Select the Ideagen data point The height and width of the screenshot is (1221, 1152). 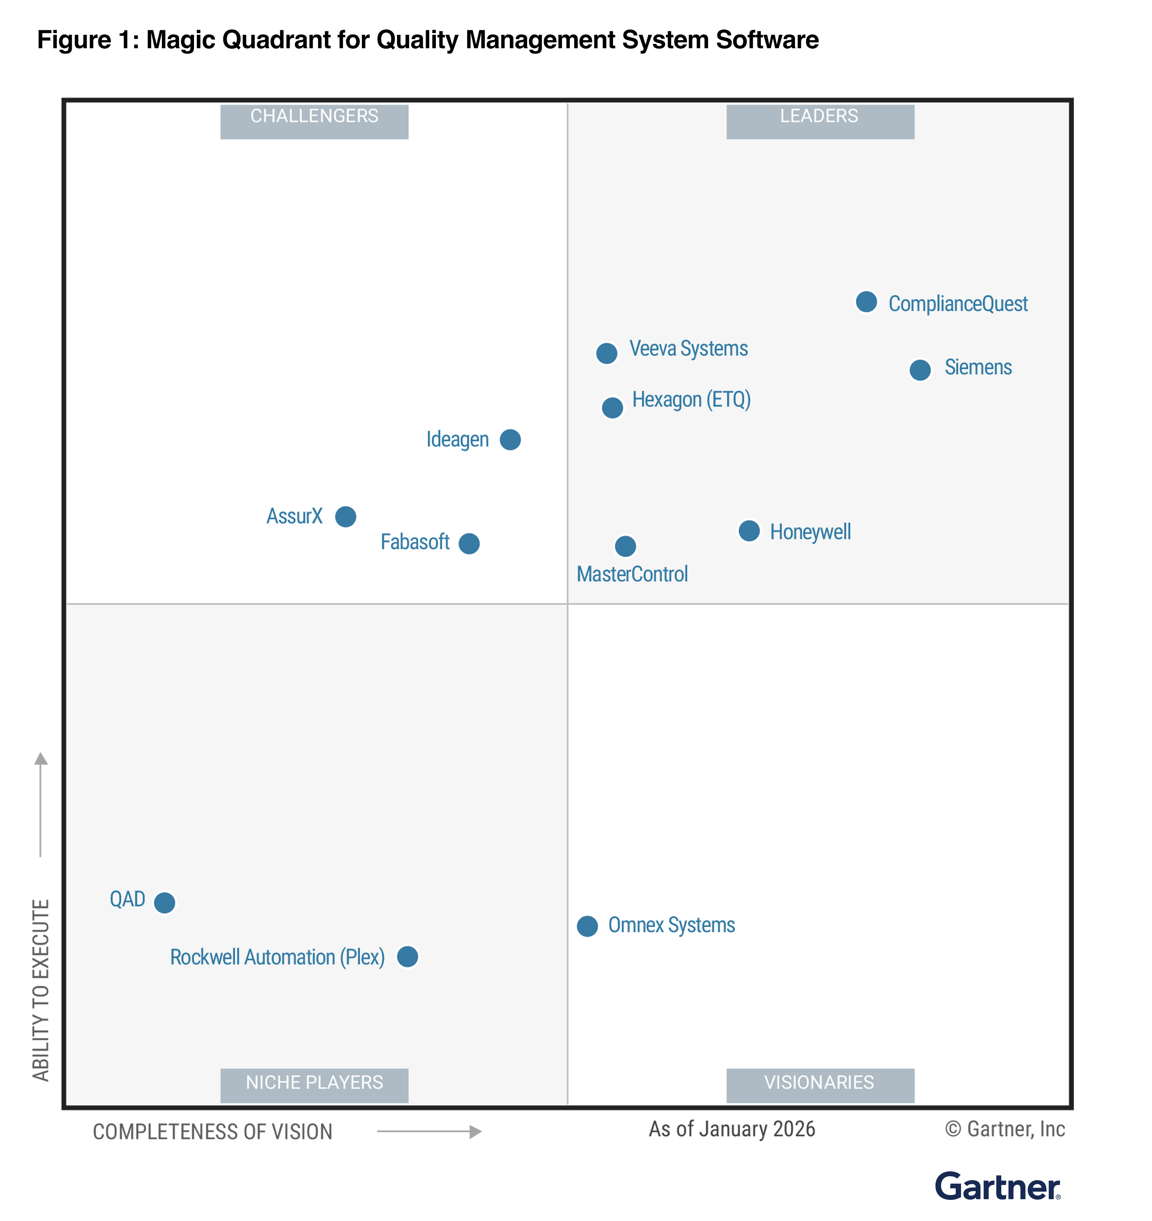[510, 440]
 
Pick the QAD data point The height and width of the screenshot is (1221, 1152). [164, 902]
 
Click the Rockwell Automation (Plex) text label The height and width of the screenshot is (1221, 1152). [277, 957]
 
